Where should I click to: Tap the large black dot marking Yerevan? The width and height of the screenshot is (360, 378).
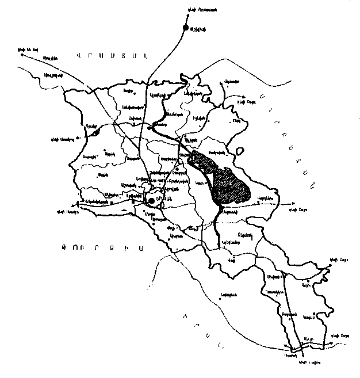pos(151,200)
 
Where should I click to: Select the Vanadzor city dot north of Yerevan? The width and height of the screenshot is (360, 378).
pos(150,128)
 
